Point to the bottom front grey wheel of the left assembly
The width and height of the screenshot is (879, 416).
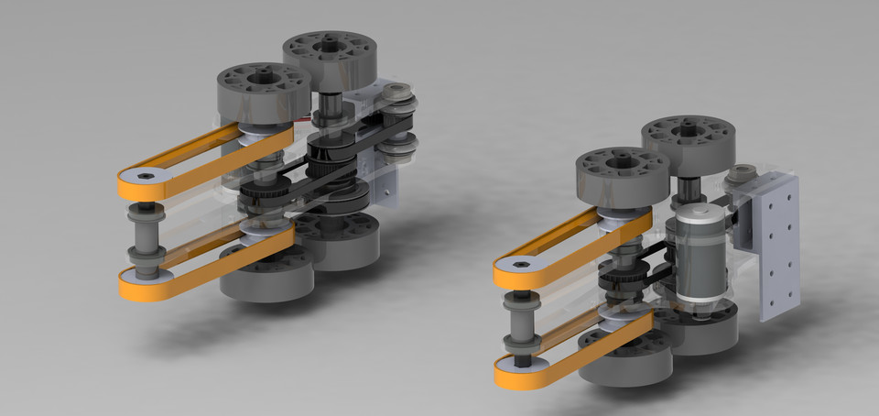(266, 276)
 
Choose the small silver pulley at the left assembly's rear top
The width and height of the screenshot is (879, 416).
(397, 93)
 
